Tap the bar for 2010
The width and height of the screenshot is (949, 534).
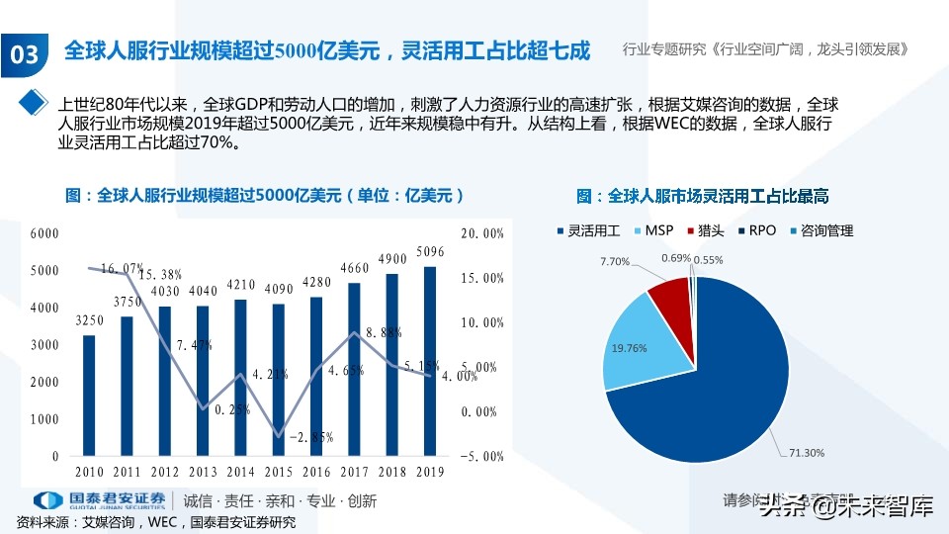pyautogui.click(x=89, y=396)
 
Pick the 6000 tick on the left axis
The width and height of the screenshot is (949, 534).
pyautogui.click(x=44, y=233)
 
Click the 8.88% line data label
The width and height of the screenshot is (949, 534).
pyautogui.click(x=383, y=333)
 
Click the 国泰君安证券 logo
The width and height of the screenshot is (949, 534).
pyautogui.click(x=99, y=500)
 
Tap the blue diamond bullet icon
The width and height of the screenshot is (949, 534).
pyautogui.click(x=35, y=102)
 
